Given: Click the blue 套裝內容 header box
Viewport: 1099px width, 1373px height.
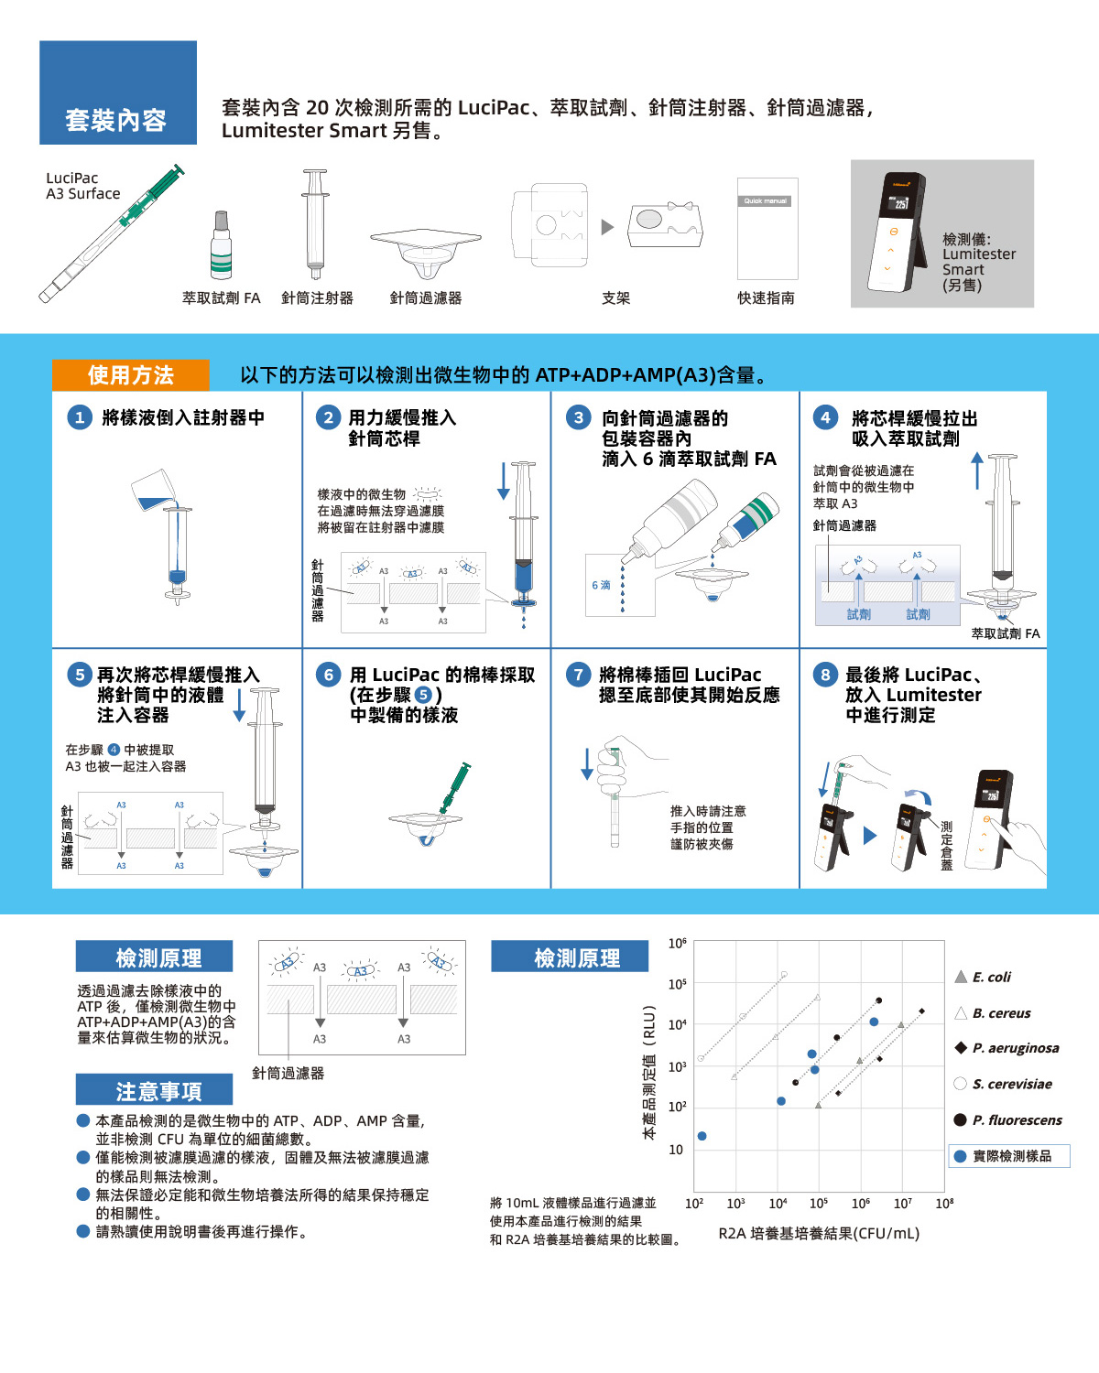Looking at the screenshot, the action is (118, 92).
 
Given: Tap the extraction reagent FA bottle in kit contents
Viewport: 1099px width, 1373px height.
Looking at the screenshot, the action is (221, 245).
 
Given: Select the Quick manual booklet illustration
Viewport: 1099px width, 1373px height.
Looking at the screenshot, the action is (767, 229).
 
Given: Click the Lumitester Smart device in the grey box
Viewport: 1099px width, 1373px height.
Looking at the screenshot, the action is (898, 232).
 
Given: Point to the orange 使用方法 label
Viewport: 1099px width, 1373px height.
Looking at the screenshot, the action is (130, 375).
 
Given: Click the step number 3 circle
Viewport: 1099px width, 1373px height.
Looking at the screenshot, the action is (578, 418).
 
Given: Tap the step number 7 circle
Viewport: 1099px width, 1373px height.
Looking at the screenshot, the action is (578, 675).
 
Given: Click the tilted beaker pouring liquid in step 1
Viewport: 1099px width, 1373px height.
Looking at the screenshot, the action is (153, 490).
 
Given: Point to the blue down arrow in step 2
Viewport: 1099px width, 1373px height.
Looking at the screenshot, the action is (503, 481).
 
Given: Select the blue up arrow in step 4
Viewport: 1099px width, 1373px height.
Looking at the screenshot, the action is (977, 470).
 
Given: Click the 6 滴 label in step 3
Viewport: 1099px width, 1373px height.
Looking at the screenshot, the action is (601, 585).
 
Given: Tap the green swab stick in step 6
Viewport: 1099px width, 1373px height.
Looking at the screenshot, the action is (452, 791).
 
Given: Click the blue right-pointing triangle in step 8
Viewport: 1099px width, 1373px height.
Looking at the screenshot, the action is (870, 835).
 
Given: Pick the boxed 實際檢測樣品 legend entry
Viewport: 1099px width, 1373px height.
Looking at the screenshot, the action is (1009, 1155).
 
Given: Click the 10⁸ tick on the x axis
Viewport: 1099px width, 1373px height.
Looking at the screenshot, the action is (944, 1203).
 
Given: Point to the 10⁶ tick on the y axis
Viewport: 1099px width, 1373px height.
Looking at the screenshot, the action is (678, 943).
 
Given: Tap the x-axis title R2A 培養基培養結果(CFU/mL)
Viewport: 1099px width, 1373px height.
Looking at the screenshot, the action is (819, 1233).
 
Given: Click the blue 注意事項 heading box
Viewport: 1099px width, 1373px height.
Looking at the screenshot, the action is (154, 1089).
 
